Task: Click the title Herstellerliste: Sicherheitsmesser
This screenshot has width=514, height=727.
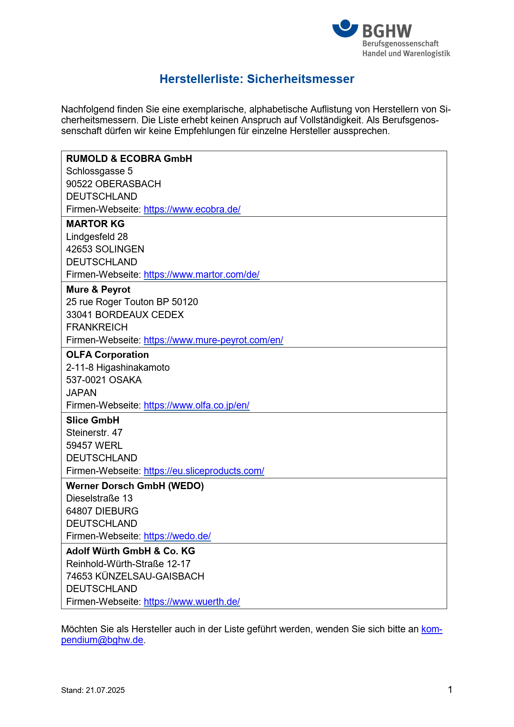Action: pos(257,79)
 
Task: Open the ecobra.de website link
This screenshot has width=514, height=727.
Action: pos(192,209)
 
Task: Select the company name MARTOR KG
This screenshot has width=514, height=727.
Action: pos(95,224)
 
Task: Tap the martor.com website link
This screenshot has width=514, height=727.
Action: pos(202,274)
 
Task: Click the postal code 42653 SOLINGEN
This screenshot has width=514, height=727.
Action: pos(105,249)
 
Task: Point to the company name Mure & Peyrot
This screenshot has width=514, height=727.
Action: pos(98,289)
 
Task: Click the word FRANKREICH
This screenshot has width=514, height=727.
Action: pos(97,327)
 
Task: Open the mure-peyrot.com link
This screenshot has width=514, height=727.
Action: pos(213,340)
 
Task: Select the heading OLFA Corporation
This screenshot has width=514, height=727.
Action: pos(107,355)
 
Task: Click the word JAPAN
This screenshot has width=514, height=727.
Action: pos(81,393)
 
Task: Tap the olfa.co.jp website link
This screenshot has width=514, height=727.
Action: pos(197,405)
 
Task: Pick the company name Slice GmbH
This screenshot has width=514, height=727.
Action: pos(93,420)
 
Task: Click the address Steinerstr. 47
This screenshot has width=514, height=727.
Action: pos(94,433)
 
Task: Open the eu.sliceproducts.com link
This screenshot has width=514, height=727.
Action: pos(204,471)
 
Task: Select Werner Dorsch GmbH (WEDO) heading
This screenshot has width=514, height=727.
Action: pos(135,486)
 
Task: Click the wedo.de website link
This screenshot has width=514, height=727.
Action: pos(177,536)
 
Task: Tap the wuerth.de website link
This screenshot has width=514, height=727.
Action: pos(192,602)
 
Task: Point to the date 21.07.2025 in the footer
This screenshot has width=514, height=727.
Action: pos(105,690)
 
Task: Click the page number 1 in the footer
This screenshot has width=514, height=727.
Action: pos(450,690)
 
